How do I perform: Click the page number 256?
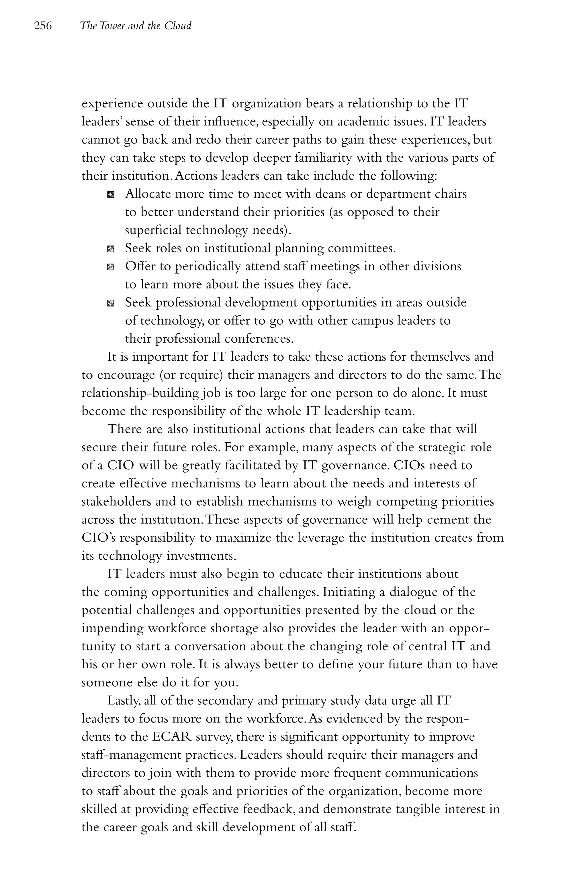[x=43, y=26]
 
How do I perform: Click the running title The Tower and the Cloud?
[x=136, y=26]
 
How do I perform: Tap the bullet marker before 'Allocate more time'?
[x=110, y=195]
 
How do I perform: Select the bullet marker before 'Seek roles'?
[x=110, y=249]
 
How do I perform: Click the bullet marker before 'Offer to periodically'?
[x=110, y=267]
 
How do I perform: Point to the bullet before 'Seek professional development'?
[x=110, y=303]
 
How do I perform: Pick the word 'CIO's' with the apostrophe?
[x=98, y=538]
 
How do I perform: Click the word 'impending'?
[x=112, y=628]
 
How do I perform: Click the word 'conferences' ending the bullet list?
[x=258, y=339]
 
